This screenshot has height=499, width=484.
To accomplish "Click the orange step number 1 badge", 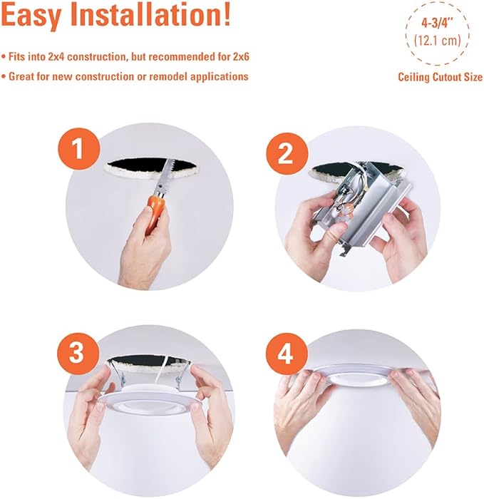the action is pyautogui.click(x=79, y=149).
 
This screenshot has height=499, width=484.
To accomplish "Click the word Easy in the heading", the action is pyautogui.click(x=31, y=16).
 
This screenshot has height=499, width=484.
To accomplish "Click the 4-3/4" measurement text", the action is pyautogui.click(x=437, y=24).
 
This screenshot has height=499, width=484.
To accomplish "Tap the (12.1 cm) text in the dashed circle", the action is pyautogui.click(x=438, y=41).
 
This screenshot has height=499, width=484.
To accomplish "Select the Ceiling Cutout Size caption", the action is pyautogui.click(x=440, y=77).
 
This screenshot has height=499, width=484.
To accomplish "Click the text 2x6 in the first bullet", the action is pyautogui.click(x=241, y=57).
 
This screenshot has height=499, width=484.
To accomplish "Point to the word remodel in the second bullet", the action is pyautogui.click(x=166, y=77).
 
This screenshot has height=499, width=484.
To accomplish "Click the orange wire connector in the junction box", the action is pyautogui.click(x=339, y=210).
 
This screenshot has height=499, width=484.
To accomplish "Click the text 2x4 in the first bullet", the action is pyautogui.click(x=56, y=57).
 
